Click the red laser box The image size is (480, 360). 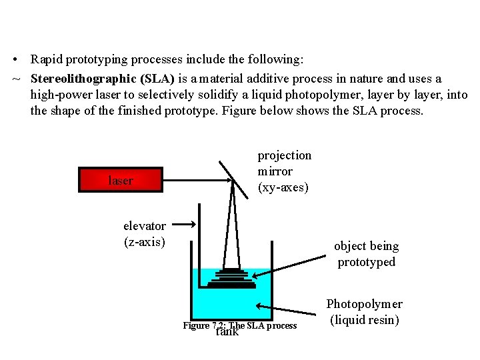pyautogui.click(x=121, y=179)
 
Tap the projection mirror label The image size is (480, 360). pyautogui.click(x=284, y=171)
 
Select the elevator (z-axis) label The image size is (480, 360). pyautogui.click(x=145, y=233)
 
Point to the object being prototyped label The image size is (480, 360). pyautogui.click(x=366, y=253)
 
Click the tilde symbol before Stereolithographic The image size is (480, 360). pyautogui.click(x=15, y=79)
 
